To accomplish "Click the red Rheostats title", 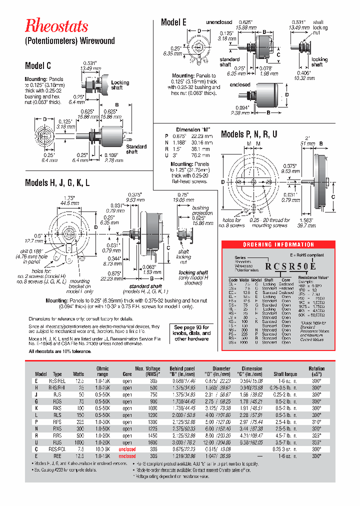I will pyautogui.click(x=56, y=26).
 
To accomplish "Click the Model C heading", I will pyautogui.click(x=38, y=66).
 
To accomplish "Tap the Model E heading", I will pyautogui.click(x=173, y=22).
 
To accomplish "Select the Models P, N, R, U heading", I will pyautogui.click(x=249, y=134).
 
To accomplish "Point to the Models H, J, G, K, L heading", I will pyautogui.click(x=57, y=182).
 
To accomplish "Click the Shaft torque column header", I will pyautogui.click(x=285, y=374).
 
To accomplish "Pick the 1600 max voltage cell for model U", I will pyautogui.click(x=152, y=442).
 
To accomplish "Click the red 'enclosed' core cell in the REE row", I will pyautogui.click(x=127, y=456).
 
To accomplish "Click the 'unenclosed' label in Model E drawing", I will pyautogui.click(x=219, y=22).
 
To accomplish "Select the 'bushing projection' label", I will pyautogui.click(x=200, y=210).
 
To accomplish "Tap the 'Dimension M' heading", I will pyautogui.click(x=187, y=129).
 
